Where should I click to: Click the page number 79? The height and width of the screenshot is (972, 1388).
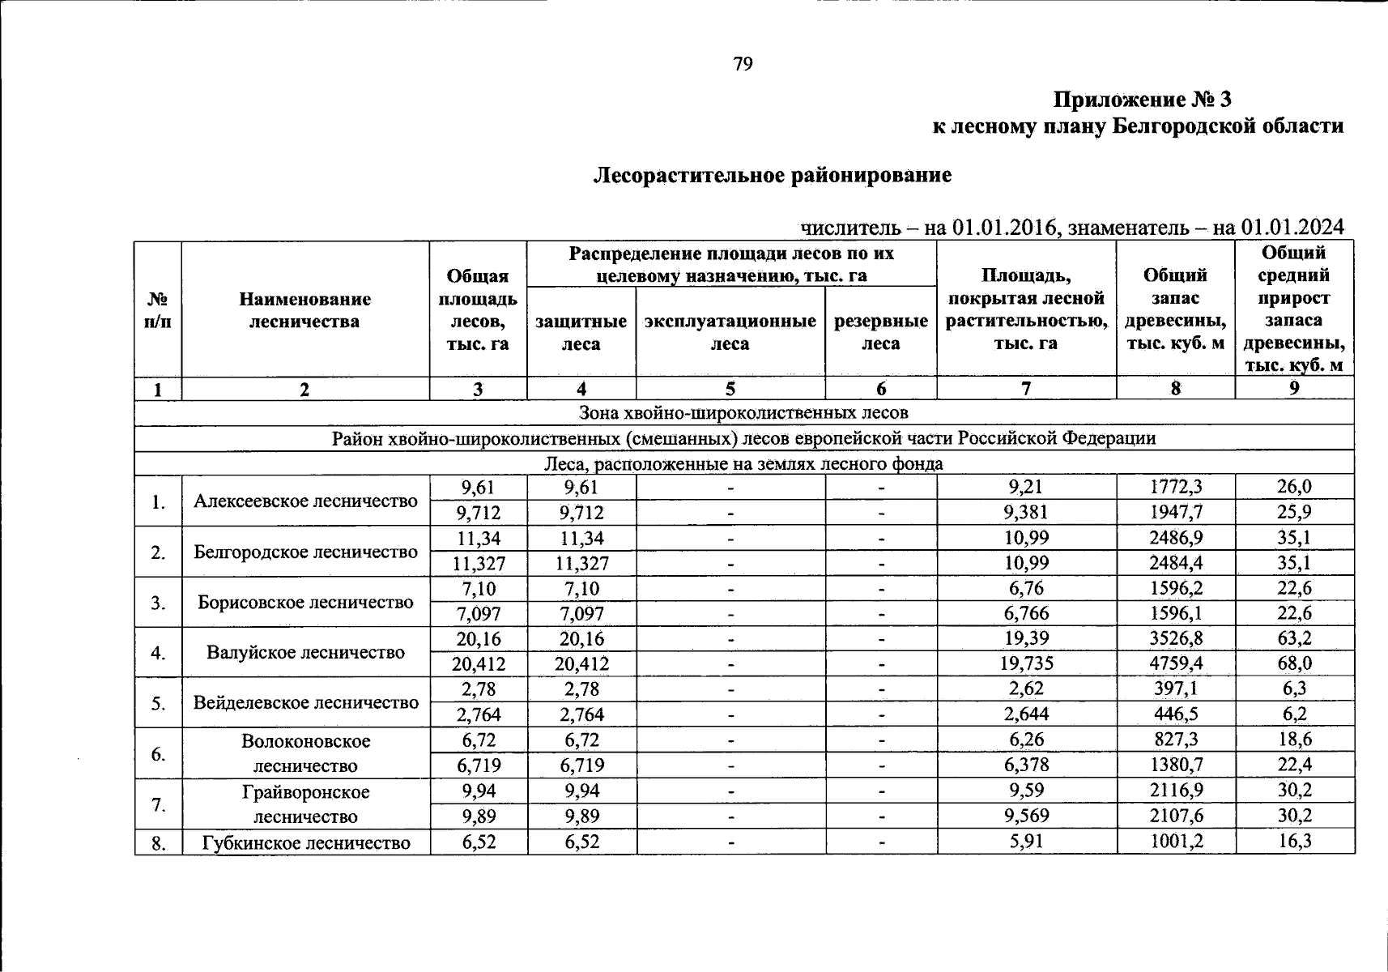pyautogui.click(x=743, y=64)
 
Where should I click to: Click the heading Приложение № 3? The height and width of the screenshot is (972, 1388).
pyautogui.click(x=1142, y=100)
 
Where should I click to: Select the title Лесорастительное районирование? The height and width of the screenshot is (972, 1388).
pyautogui.click(x=773, y=175)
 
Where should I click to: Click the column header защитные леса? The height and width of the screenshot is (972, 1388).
pyautogui.click(x=581, y=332)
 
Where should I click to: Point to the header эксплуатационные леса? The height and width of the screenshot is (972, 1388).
pyautogui.click(x=730, y=332)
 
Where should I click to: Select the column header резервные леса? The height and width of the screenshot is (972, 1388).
pyautogui.click(x=880, y=332)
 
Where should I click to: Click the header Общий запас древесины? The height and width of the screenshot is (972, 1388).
pyautogui.click(x=1175, y=309)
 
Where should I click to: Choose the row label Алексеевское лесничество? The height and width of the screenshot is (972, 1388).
pyautogui.click(x=305, y=501)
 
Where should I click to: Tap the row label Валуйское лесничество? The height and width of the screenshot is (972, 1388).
pyautogui.click(x=305, y=652)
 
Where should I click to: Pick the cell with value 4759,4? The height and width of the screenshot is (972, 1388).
pyautogui.click(x=1176, y=664)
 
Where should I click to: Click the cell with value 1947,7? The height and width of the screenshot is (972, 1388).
pyautogui.click(x=1176, y=513)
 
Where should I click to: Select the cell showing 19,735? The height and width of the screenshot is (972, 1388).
pyautogui.click(x=1026, y=664)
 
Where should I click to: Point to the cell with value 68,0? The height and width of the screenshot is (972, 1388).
pyautogui.click(x=1294, y=664)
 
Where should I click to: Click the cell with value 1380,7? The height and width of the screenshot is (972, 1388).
pyautogui.click(x=1176, y=765)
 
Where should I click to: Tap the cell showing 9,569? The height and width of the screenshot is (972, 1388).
pyautogui.click(x=1026, y=816)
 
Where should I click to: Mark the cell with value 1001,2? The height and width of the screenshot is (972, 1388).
pyautogui.click(x=1176, y=842)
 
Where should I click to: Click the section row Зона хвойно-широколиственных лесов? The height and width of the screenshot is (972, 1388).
pyautogui.click(x=743, y=413)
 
